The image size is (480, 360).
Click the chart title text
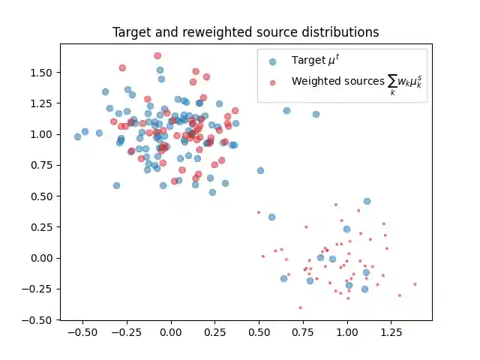point(245,32)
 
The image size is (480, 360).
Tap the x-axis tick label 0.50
point(259,333)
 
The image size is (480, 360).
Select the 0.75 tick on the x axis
point(303,333)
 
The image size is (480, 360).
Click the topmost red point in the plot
point(157,55)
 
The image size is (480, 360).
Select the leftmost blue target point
point(77,136)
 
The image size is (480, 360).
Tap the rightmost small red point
point(415,284)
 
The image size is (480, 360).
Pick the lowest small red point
point(300,307)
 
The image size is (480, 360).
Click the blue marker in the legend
point(272,61)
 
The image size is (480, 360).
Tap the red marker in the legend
point(272,82)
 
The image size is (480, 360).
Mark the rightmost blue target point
point(367,201)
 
